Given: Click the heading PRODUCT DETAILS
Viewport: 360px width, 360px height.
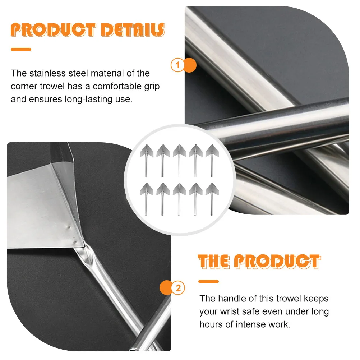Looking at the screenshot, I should pos(88,30).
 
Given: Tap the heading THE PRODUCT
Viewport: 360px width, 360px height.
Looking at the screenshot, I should pos(258,262).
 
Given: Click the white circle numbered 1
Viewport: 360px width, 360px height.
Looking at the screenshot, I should pos(177,65).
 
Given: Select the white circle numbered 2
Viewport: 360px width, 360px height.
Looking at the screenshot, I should pos(179,288).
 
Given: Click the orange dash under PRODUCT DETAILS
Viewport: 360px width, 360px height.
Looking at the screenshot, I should pos(21,50).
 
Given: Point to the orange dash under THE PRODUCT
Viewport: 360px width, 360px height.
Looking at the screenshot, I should pos(208,281).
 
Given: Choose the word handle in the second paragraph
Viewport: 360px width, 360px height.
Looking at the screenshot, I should pos(231,299).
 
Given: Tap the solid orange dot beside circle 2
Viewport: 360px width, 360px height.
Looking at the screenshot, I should pos(166,288).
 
